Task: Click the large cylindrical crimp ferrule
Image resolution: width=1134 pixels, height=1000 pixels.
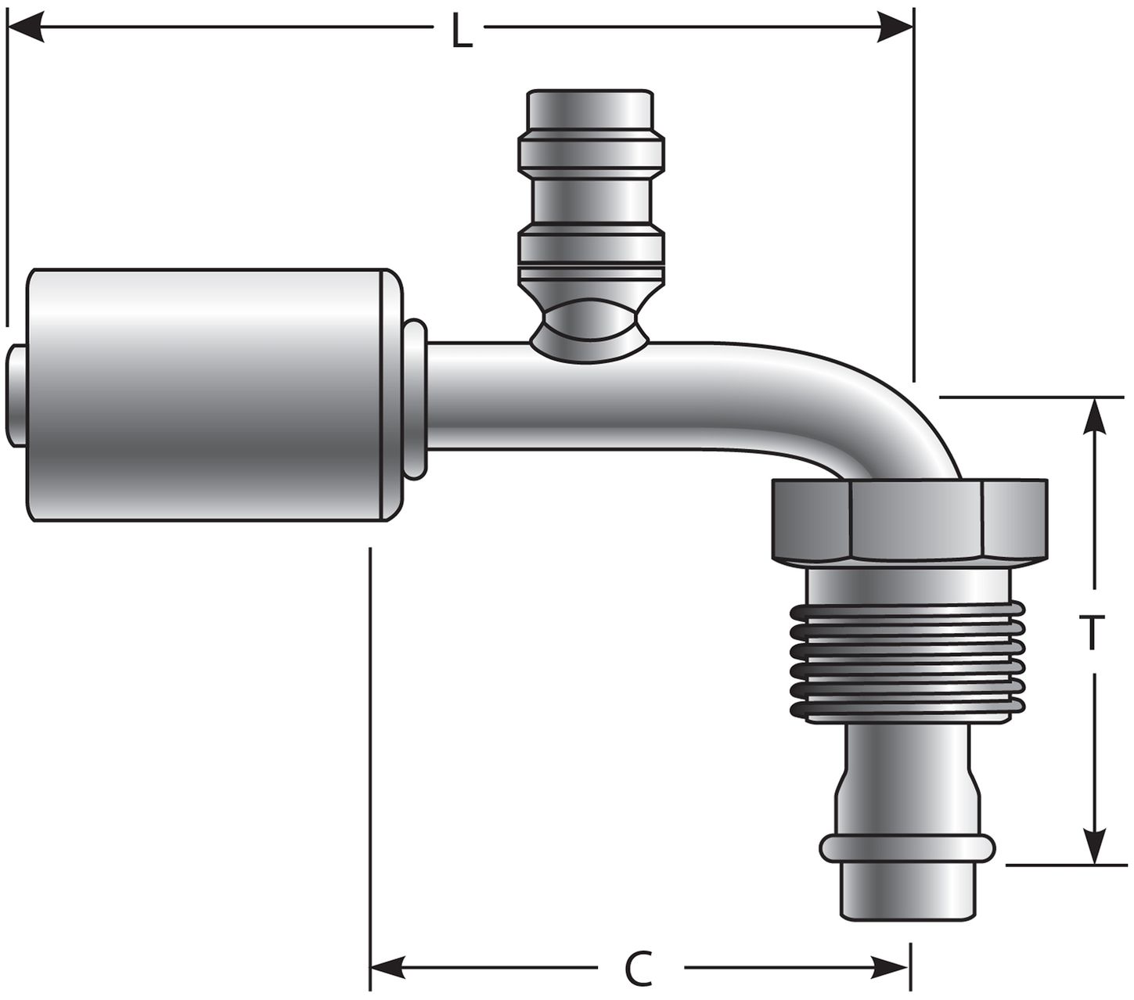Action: click(207, 395)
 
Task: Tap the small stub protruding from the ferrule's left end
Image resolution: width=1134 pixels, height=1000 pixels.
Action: click(17, 395)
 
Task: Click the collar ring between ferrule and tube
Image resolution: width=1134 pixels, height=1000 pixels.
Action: click(416, 397)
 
